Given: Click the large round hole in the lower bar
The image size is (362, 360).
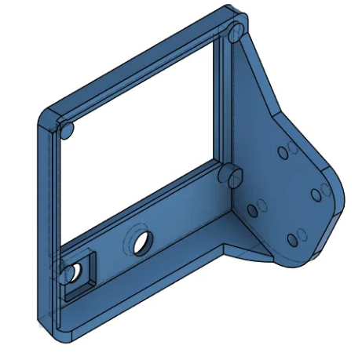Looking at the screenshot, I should coord(142,242).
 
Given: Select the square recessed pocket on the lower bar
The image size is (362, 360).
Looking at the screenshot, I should coord(79,275).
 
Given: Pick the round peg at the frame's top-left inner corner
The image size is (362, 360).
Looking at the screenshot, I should coord(66,129).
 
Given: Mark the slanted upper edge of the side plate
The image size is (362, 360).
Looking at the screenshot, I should coord(267,78).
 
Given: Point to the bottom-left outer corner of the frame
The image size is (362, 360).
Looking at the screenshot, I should coord(60,336).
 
